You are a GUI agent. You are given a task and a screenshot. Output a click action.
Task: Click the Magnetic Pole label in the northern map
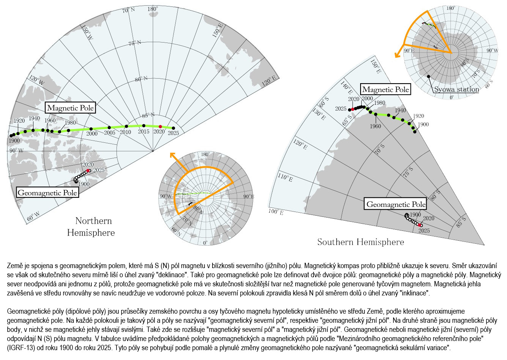70,108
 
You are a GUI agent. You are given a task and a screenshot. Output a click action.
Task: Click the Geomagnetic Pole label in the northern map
48,193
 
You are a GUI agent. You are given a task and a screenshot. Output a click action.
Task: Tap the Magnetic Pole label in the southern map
386,90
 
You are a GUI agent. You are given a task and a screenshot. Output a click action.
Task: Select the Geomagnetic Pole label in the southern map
396,204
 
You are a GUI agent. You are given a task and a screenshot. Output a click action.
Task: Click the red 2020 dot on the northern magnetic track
160,126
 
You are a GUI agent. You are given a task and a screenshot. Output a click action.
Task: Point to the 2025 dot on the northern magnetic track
173,128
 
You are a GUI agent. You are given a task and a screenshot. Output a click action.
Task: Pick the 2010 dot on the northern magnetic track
126,126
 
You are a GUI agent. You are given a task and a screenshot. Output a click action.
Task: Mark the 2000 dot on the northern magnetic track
91,129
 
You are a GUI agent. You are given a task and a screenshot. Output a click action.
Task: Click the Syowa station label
457,90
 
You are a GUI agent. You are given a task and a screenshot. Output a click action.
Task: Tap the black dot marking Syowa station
428,77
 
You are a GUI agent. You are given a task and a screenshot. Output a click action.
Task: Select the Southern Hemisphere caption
361,242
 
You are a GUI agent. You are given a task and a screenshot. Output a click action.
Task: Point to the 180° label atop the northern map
153,9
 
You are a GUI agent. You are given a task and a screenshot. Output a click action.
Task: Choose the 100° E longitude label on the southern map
276,212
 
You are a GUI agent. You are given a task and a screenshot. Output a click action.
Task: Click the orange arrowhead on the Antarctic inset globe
397,55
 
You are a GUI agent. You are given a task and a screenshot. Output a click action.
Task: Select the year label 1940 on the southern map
400,110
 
